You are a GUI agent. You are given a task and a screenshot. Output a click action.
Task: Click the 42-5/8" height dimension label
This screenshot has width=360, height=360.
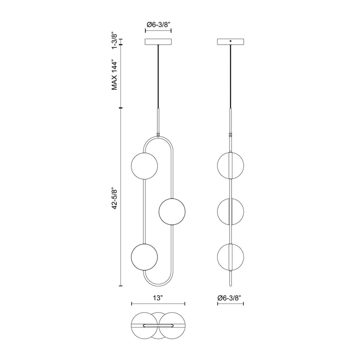click(115, 199)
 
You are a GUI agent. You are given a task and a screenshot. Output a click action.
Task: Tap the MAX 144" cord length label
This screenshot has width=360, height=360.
click(115, 75)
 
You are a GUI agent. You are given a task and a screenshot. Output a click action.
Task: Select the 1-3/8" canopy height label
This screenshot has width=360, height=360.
click(115, 41)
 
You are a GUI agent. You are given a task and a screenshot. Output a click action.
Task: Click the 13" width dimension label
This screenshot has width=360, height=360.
click(158, 298)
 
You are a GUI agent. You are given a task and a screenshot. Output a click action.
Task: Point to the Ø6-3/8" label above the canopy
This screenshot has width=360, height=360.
click(158, 25)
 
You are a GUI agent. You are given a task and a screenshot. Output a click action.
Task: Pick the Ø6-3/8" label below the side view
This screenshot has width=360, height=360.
click(230, 298)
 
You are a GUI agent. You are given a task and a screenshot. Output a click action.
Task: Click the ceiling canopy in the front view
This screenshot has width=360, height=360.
click(158, 42)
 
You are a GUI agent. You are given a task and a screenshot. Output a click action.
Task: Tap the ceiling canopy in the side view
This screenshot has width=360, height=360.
click(231, 42)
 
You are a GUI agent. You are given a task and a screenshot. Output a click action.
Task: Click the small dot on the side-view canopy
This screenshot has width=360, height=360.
click(231, 41)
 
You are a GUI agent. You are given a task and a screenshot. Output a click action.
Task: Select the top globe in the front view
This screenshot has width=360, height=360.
click(145, 166)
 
